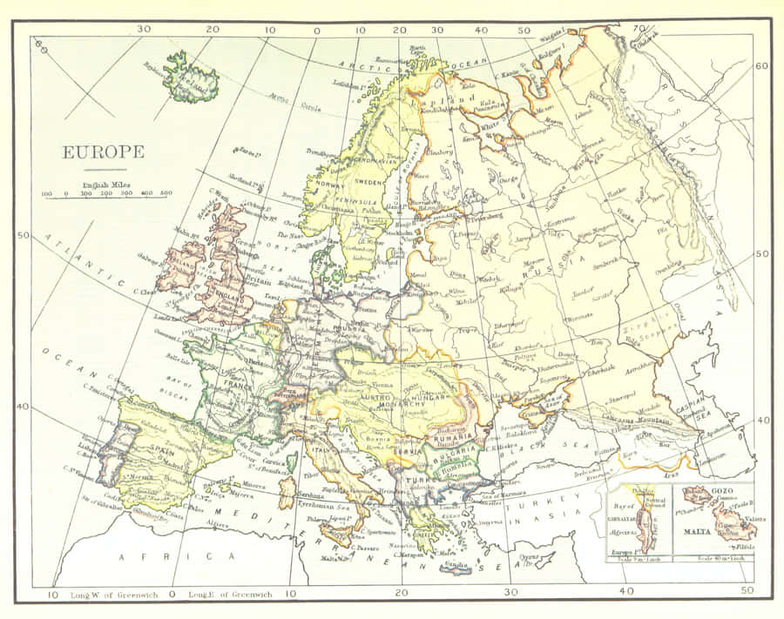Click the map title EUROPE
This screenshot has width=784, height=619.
coord(103,151)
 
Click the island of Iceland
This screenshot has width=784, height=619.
coord(190,76)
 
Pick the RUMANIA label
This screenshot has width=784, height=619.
coord(451,435)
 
